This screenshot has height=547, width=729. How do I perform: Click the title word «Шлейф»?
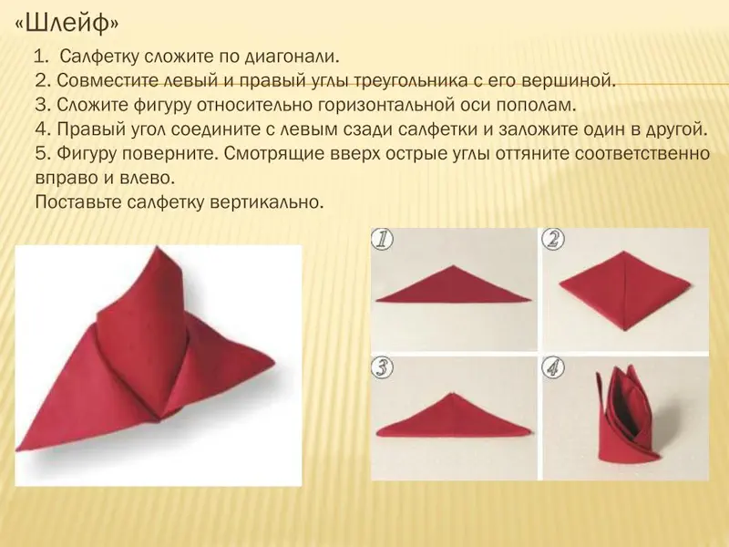[67, 25]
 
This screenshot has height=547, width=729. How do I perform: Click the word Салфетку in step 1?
[99, 57]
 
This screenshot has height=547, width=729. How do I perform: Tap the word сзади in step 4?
[369, 129]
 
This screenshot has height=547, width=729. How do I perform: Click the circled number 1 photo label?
[382, 240]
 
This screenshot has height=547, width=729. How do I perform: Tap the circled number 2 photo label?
[553, 240]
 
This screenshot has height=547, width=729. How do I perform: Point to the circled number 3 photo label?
[382, 367]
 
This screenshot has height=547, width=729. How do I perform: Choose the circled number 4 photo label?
[553, 367]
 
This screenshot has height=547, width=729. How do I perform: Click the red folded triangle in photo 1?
[453, 287]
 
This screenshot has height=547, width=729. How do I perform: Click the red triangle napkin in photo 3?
[453, 418]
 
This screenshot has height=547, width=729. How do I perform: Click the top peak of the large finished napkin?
[157, 248]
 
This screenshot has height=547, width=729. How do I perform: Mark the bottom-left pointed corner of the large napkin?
[17, 449]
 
